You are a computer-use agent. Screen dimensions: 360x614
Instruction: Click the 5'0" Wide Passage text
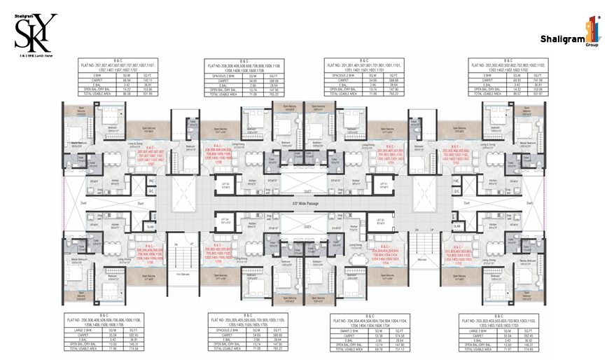[x=306, y=204]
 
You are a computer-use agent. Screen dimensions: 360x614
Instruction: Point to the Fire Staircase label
[x=186, y=273]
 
